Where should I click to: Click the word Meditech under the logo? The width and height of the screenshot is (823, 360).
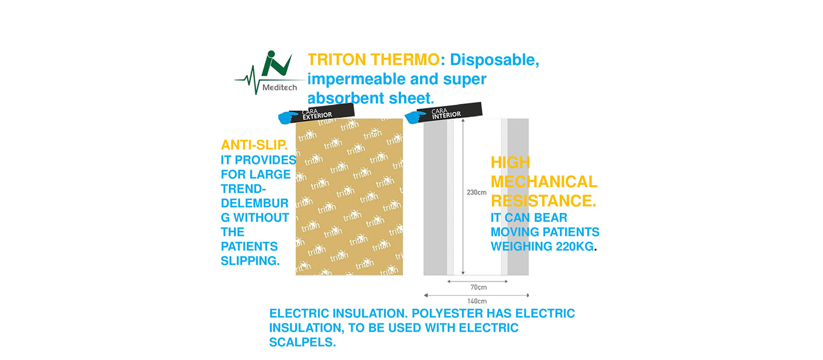pyautogui.click(x=280, y=87)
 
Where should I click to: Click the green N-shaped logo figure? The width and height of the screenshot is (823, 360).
pyautogui.click(x=276, y=64)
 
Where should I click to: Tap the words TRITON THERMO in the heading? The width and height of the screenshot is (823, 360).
pyautogui.click(x=373, y=60)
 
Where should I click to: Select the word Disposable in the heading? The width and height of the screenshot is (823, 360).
pyautogui.click(x=494, y=60)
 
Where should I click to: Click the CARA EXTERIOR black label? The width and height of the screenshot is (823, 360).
pyautogui.click(x=321, y=113)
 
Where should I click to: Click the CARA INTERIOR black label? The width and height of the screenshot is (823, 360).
pyautogui.click(x=449, y=112)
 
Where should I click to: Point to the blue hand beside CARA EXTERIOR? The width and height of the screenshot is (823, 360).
pyautogui.click(x=288, y=118)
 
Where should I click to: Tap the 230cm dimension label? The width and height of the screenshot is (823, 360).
pyautogui.click(x=476, y=192)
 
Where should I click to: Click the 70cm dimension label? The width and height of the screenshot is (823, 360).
pyautogui.click(x=478, y=287)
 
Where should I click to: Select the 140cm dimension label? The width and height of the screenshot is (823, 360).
pyautogui.click(x=477, y=301)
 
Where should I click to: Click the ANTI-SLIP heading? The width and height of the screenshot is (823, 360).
pyautogui.click(x=254, y=145)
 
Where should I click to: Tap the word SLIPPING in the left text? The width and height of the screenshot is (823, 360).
pyautogui.click(x=250, y=261)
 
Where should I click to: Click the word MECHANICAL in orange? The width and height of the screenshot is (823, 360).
pyautogui.click(x=544, y=182)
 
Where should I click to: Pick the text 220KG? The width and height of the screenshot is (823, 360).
pyautogui.click(x=575, y=246)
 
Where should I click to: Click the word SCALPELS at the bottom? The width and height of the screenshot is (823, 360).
pyautogui.click(x=302, y=343)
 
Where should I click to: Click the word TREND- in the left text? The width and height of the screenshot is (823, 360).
pyautogui.click(x=243, y=189)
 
